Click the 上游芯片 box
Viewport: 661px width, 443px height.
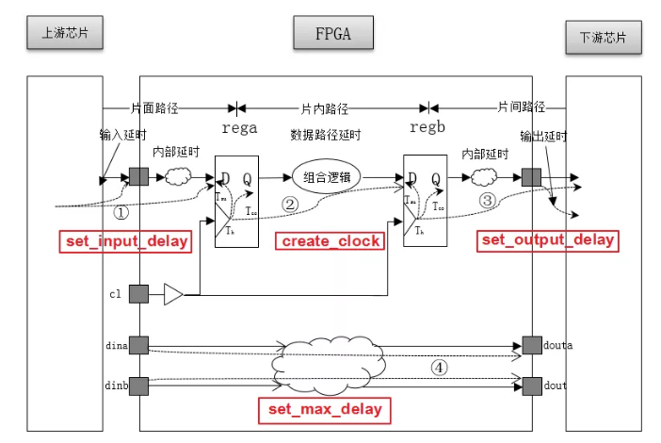[x=59, y=32]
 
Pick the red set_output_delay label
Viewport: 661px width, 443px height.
[x=548, y=239]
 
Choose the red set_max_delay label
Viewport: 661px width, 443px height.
[x=325, y=409]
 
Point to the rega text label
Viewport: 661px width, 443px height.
[x=239, y=128]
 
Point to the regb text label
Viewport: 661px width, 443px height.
[x=427, y=126]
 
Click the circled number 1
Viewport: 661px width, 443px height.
[x=121, y=212]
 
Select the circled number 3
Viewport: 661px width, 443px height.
[x=487, y=201]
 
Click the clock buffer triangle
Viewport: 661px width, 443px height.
[x=173, y=295]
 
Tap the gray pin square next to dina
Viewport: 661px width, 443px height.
[x=138, y=346]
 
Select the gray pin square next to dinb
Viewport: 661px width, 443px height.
[x=138, y=385]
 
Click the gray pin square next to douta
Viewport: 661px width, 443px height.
[x=532, y=346]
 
